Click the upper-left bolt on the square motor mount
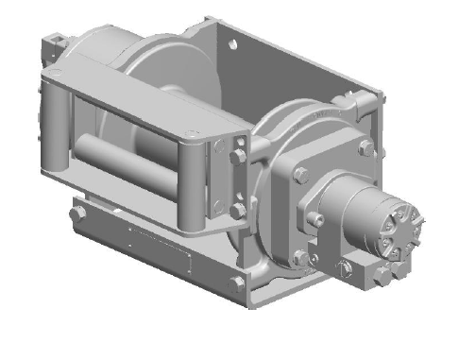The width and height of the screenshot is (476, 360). (x=300, y=176)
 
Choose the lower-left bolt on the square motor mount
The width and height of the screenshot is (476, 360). (x=301, y=257)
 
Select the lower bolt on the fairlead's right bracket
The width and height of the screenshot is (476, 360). (x=238, y=210)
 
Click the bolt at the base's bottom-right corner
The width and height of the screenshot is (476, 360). (x=237, y=282)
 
